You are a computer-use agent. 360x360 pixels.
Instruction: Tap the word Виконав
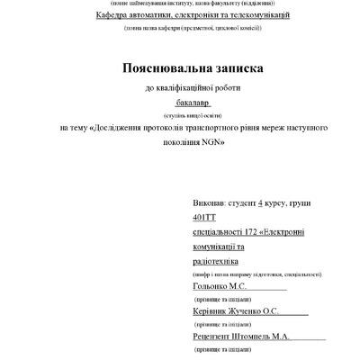coord(211,204)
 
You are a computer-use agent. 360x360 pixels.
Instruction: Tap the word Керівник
coord(213,310)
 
